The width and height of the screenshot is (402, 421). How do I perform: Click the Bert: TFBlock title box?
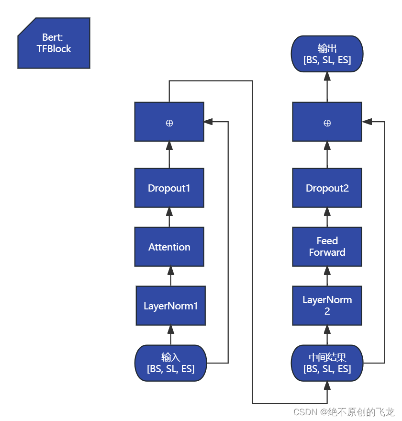[x=54, y=43]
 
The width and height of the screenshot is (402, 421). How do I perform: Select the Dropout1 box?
[x=169, y=188]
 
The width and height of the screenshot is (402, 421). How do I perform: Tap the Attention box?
[x=169, y=247]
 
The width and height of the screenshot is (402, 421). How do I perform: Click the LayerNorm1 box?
[x=171, y=306]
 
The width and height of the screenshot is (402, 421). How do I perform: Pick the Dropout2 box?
[x=327, y=188]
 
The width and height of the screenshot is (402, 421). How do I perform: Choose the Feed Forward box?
[x=327, y=247]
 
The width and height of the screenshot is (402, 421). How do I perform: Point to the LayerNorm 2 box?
[x=327, y=306]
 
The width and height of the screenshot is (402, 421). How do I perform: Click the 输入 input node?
[x=171, y=363]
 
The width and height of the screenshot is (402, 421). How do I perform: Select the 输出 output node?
[x=327, y=54]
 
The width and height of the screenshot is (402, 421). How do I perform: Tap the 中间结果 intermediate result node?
[x=327, y=363]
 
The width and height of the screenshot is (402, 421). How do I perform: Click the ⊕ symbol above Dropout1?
[x=169, y=123]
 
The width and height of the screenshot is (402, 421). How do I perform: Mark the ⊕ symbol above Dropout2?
[x=327, y=123]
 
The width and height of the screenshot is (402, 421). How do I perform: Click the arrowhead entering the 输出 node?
[x=327, y=76]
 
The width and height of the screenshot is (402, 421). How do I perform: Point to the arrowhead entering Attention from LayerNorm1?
[x=171, y=271]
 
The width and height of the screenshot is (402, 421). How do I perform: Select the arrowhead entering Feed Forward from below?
[x=327, y=271]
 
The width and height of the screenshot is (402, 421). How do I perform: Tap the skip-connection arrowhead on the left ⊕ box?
[x=208, y=122]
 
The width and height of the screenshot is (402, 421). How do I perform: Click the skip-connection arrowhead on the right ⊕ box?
[x=366, y=122]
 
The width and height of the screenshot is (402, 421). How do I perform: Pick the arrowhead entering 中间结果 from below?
[x=327, y=386]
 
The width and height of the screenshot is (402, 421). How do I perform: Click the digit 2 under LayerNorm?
[x=327, y=311]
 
